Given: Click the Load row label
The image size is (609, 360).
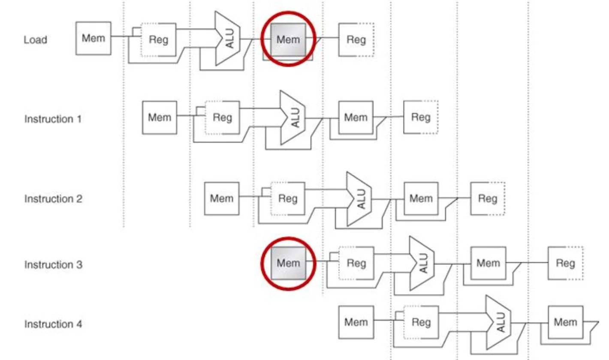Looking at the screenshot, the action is (x=35, y=40).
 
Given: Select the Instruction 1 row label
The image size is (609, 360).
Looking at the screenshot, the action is (x=53, y=119).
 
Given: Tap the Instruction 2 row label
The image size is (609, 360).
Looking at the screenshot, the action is (x=53, y=198).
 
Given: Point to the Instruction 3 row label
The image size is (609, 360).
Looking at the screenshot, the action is (x=53, y=264).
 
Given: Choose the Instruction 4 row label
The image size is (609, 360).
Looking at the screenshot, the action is (x=53, y=324).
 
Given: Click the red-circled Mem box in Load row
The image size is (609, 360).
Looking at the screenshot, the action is (x=288, y=40).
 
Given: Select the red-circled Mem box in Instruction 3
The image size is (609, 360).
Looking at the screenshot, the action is (x=288, y=263).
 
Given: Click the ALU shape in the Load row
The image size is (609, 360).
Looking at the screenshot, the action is (x=228, y=38).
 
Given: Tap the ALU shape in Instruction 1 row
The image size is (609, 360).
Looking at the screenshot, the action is (x=293, y=117).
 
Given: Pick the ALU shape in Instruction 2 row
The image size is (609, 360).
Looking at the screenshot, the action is (x=359, y=199).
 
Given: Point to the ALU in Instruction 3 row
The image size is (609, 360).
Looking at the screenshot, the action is (x=422, y=263).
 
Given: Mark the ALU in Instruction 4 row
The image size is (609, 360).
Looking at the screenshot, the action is (x=498, y=323).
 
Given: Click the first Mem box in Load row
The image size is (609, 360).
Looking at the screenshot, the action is (x=93, y=38).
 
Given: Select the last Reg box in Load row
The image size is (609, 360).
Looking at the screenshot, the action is (x=356, y=40).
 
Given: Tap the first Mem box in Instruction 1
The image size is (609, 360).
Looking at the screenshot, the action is (x=159, y=118).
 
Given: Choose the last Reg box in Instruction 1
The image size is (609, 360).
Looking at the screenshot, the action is (x=421, y=117).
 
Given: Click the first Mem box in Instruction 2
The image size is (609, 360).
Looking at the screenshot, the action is (x=222, y=198).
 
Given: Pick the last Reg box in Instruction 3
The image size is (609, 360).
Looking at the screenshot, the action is (x=566, y=263).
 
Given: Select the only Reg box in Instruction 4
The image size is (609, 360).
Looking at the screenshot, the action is (x=421, y=322).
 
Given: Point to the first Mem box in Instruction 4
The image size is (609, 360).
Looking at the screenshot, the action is (x=356, y=322).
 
